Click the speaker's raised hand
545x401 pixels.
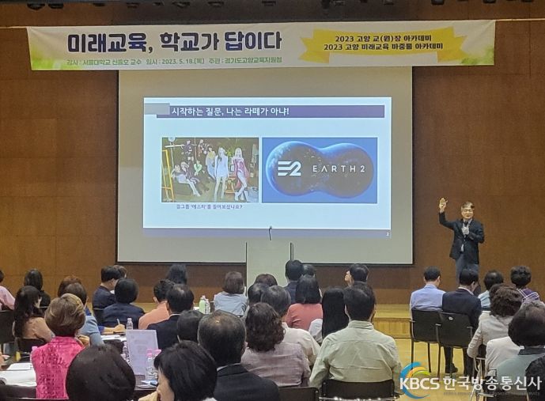pyautogui.click(x=443, y=203)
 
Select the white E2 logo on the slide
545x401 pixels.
pyautogui.click(x=289, y=168)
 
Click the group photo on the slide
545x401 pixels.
pyautogui.click(x=210, y=169)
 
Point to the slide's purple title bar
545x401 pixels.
pyautogui.click(x=269, y=112)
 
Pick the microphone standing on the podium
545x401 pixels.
pyautogui.click(x=270, y=233)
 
